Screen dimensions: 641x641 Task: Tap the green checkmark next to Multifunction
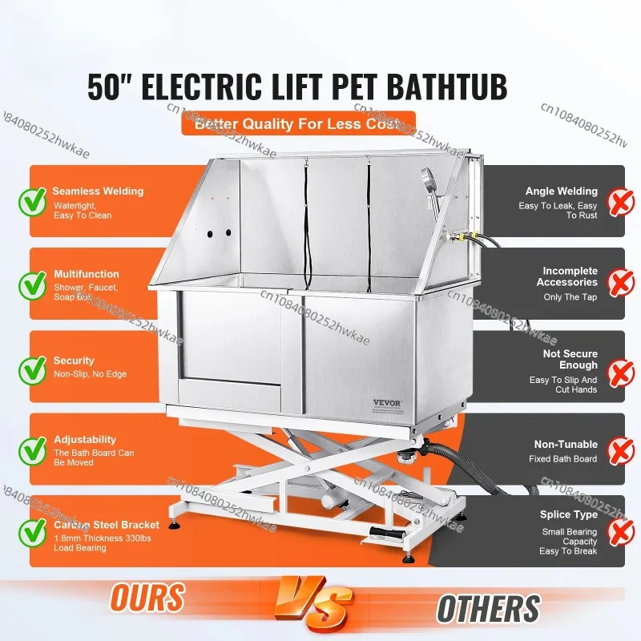click(33, 283)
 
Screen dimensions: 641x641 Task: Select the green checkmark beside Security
click(33, 367)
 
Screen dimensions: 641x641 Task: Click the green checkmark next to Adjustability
click(33, 449)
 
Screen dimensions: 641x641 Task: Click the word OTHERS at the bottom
click(488, 608)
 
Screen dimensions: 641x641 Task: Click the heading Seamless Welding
click(98, 191)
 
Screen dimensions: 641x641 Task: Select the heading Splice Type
click(569, 514)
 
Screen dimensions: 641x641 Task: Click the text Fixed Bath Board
click(562, 459)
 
